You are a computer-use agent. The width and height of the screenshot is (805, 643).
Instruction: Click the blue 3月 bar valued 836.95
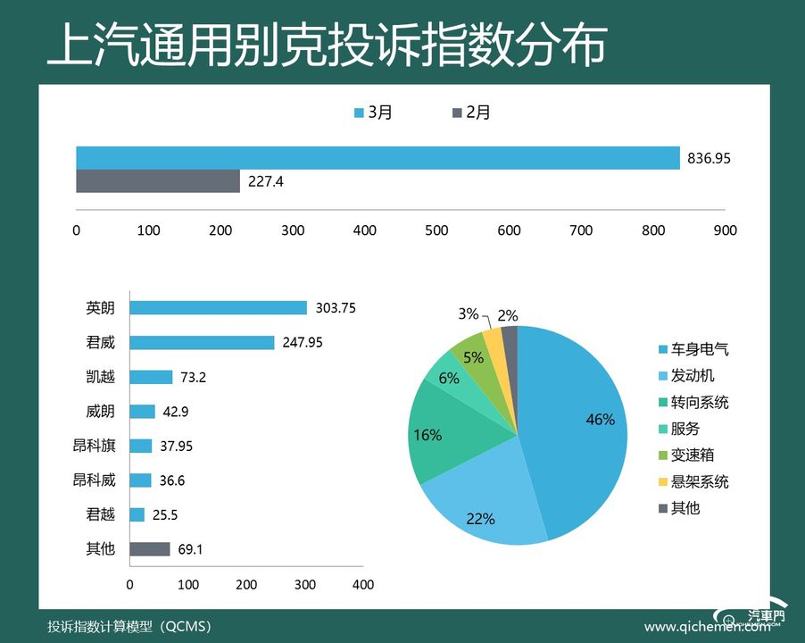coord(378,158)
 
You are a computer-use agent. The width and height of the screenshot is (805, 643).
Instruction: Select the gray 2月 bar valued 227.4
coord(158,181)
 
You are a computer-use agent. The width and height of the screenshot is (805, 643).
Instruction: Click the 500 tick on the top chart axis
coord(436,230)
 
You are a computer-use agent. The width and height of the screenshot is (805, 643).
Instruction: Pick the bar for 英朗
coord(218,308)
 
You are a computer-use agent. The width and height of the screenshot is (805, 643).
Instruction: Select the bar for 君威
coord(202,342)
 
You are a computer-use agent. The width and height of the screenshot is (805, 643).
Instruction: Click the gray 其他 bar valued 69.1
coord(150,549)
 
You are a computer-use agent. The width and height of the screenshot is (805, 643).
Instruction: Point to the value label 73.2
coord(192,377)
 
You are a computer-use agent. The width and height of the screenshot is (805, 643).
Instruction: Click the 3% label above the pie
coord(469,313)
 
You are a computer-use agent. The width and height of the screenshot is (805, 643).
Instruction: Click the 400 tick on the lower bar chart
coord(363,585)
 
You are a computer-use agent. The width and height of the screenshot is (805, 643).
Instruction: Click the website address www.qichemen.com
coord(707,627)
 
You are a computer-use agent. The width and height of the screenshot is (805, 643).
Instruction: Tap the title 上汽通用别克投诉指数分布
coord(327,46)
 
